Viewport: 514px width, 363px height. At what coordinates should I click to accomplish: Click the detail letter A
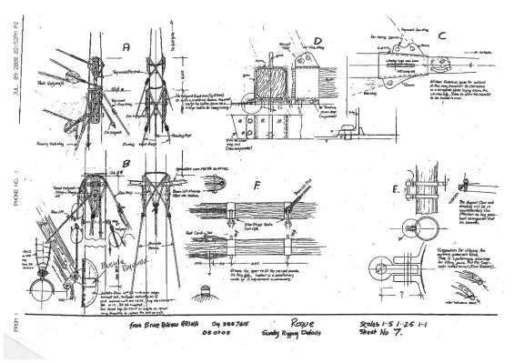(126, 45)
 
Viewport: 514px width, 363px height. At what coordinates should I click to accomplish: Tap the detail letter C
(440, 36)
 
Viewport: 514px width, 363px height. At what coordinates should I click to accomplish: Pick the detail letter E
(392, 189)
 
